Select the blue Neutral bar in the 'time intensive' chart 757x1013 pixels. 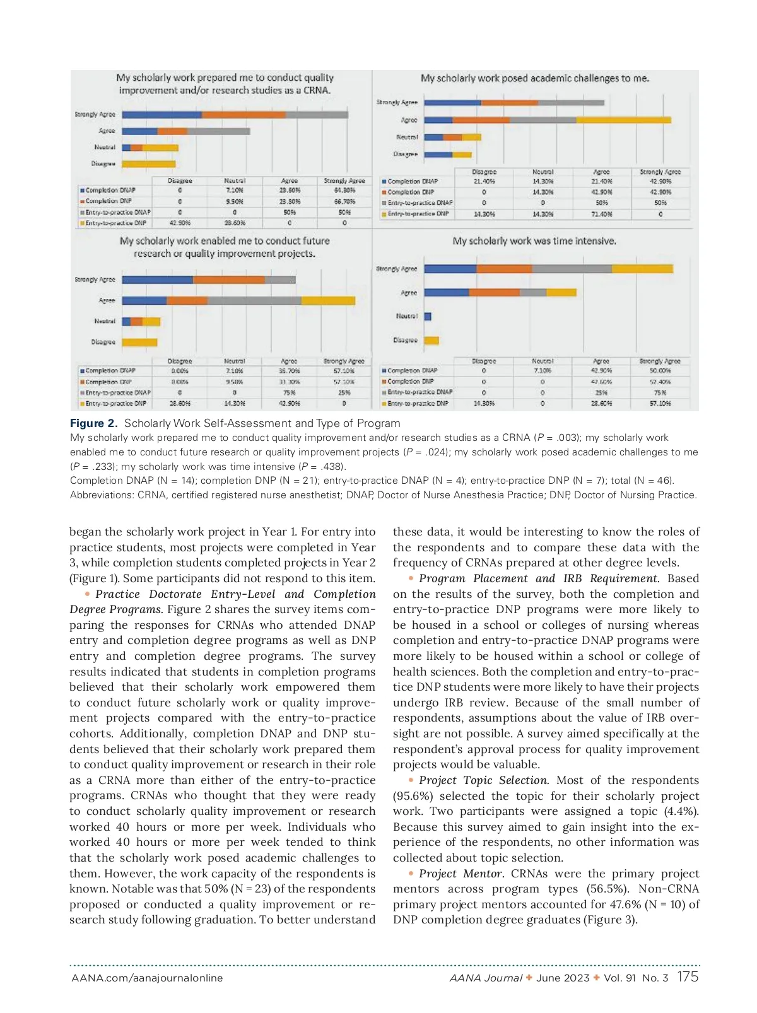tap(428, 317)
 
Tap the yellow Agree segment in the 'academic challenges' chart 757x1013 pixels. tap(623, 120)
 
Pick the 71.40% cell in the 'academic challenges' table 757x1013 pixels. tap(602, 214)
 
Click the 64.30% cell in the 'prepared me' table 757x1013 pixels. tap(344, 190)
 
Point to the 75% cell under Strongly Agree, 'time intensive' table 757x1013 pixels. tap(660, 392)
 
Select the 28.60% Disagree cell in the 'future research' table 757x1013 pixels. tap(180, 404)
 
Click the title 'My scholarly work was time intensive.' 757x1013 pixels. tap(534, 241)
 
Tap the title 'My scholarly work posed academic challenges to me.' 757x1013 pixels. tap(535, 78)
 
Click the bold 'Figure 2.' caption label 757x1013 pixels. tap(93, 423)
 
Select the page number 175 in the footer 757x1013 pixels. tap(688, 977)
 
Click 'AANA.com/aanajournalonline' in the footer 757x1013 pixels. tap(147, 978)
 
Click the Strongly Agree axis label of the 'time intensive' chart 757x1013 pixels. tap(397, 269)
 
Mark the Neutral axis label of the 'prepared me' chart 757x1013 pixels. tap(105, 148)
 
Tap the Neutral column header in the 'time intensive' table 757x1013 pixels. tap(543, 361)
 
